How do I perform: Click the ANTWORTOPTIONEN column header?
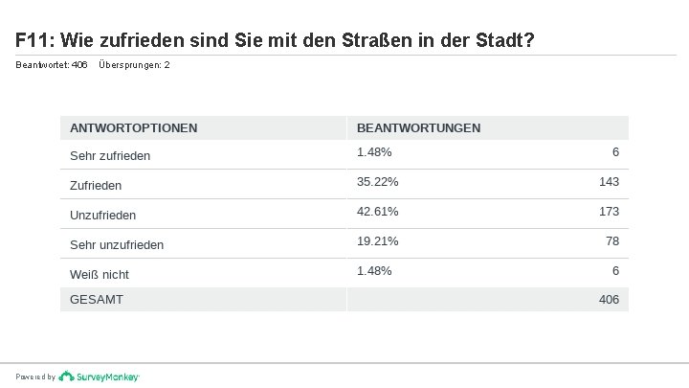point(134,128)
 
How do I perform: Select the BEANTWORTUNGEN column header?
point(419,128)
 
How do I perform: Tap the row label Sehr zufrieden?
point(110,156)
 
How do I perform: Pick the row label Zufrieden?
point(96,186)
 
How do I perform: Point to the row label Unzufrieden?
point(102,216)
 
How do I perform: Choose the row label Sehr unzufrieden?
point(117,245)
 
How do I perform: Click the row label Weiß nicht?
point(100,275)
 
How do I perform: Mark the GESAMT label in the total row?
point(97,300)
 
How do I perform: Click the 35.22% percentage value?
point(377,182)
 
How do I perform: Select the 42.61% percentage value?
point(377,212)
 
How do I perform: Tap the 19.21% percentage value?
point(377,241)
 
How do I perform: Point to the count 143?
point(609,182)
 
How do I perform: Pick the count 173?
point(609,212)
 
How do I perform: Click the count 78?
point(612,241)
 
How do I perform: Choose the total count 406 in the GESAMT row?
point(609,300)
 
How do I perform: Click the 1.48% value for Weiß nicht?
point(374,271)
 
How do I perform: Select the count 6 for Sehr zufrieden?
point(615,152)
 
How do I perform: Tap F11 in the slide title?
point(35,40)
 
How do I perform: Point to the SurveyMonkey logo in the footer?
point(99,377)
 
